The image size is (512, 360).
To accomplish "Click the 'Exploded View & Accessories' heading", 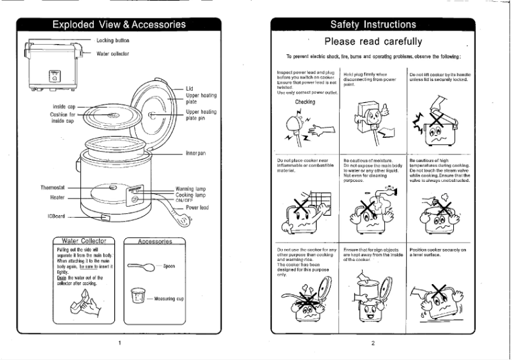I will click(119, 25).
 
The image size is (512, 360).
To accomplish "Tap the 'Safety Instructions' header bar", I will click(373, 25).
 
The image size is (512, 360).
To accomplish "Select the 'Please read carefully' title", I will click(373, 42).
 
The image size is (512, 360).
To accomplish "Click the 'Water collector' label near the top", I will click(113, 54).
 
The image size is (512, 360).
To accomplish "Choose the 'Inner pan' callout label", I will click(196, 153).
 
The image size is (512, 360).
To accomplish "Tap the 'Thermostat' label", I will click(52, 189).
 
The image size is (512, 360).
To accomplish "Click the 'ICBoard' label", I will click(56, 216).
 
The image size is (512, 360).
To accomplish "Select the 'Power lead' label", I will click(197, 208).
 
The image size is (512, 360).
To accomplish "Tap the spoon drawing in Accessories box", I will click(142, 266).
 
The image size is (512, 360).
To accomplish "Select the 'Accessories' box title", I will click(154, 242).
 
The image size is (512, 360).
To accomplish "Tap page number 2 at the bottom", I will click(373, 343).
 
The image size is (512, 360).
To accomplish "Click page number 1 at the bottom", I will click(119, 343).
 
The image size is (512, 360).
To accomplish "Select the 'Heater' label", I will click(57, 198).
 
